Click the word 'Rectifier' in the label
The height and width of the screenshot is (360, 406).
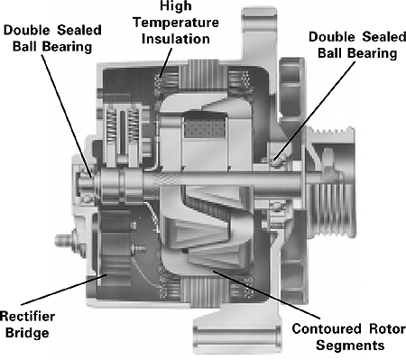coord(27,317)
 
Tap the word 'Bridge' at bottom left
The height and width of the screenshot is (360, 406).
coord(27,334)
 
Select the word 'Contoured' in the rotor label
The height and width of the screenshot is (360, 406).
coord(327,328)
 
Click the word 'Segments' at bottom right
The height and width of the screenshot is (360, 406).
coord(350,346)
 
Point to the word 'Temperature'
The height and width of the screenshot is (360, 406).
coord(176,23)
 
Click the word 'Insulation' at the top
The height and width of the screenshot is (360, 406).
coord(176,39)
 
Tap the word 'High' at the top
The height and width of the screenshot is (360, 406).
coord(176,6)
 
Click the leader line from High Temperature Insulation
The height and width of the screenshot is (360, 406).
coord(165,62)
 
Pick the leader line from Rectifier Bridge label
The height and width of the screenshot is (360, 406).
coord(64,290)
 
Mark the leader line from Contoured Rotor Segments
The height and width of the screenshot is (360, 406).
coord(266,294)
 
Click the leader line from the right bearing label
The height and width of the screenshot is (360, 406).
coord(315,110)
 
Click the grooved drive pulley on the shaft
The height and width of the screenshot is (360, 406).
coord(331,182)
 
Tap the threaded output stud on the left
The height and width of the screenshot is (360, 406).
coord(63,240)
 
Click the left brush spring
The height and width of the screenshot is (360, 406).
coord(112,127)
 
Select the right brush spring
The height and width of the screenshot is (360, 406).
coord(134,127)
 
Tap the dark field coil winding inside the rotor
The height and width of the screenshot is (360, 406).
coord(205,128)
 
